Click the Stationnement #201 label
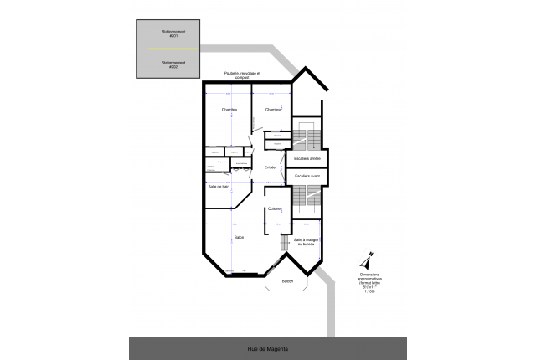pyautogui.click(x=173, y=34)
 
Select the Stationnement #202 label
pyautogui.click(x=173, y=64)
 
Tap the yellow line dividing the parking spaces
pyautogui.click(x=173, y=49)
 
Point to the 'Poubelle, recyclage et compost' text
pyautogui.click(x=244, y=76)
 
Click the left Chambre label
pyautogui.click(x=229, y=110)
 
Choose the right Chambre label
pyautogui.click(x=273, y=110)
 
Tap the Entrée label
pyautogui.click(x=270, y=167)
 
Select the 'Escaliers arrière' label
pyautogui.click(x=307, y=158)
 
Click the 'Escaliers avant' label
pyautogui.click(x=307, y=176)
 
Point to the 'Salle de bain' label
pyautogui.click(x=219, y=186)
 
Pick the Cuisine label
pyautogui.click(x=275, y=208)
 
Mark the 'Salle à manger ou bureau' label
pyautogui.click(x=304, y=243)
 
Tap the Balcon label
pyautogui.click(x=287, y=280)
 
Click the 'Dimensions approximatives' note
pyautogui.click(x=369, y=281)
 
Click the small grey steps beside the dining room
pyautogui.click(x=284, y=243)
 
